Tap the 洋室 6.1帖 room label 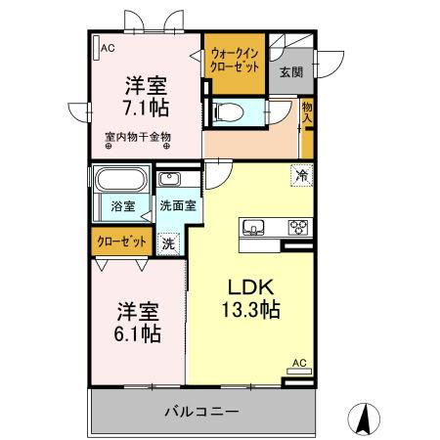pos(138,323)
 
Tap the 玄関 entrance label pos(290,72)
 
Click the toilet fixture pos(233,111)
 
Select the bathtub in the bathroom pos(120,182)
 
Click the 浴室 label pos(121,207)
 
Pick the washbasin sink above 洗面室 pos(168,180)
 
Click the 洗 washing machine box pos(168,243)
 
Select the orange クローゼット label pos(121,241)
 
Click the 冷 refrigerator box pos(302,175)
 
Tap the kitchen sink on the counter pos(253,228)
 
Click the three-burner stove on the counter pos(298,228)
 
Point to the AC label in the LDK pos(299,364)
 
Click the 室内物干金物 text pos(138,137)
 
